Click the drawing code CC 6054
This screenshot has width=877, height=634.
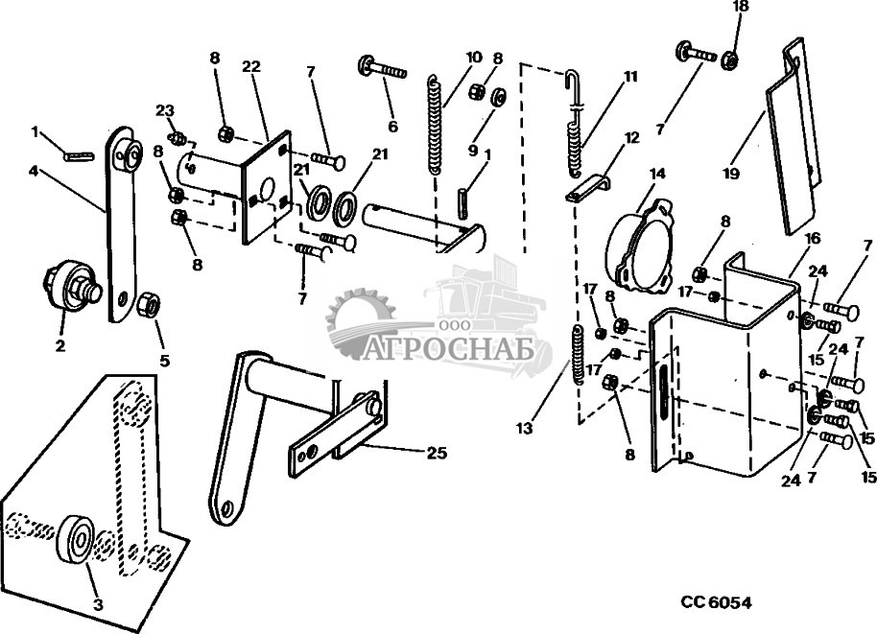[x=716, y=602]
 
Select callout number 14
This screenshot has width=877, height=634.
[x=657, y=175]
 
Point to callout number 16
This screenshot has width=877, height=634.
[x=812, y=239]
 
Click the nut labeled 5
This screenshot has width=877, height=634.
[x=149, y=307]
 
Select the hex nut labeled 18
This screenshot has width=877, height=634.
[x=728, y=59]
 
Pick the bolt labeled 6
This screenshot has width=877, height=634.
[x=385, y=69]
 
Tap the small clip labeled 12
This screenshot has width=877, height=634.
[x=586, y=188]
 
